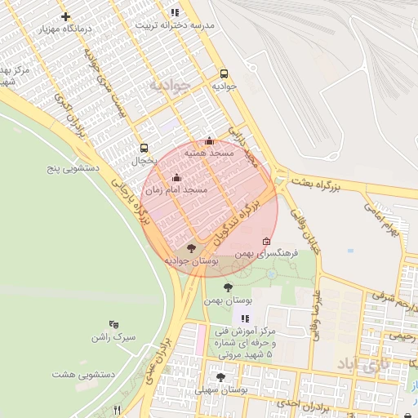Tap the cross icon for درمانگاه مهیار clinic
[65, 16]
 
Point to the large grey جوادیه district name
[170, 85]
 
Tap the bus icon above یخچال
[145, 148]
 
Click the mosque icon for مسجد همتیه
[209, 140]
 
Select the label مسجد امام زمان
[176, 189]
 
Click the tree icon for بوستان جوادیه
[192, 248]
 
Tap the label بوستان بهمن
[229, 300]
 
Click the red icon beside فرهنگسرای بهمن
[267, 241]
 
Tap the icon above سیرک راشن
[113, 324]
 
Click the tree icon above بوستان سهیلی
[220, 377]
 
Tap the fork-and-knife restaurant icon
[118, 410]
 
